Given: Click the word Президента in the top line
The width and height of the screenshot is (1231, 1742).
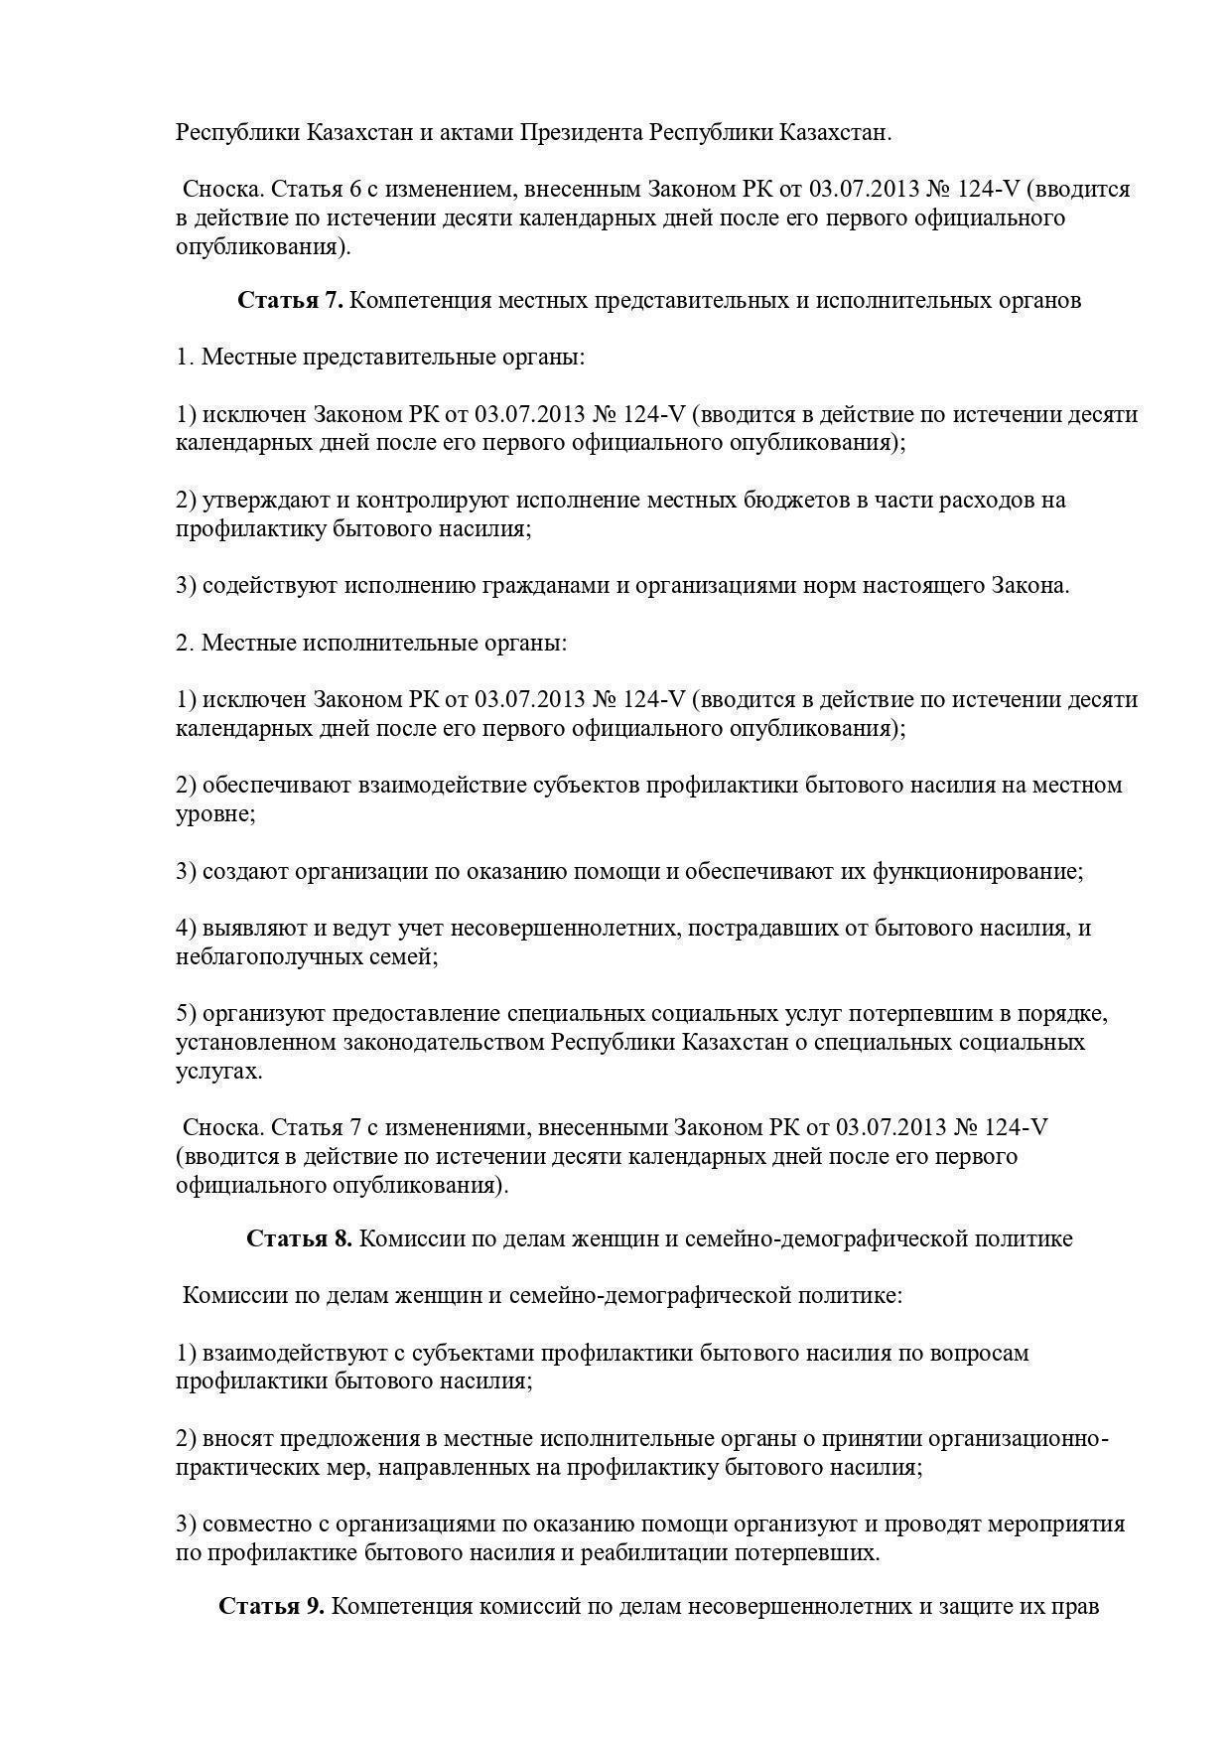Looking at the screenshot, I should pyautogui.click(x=581, y=132).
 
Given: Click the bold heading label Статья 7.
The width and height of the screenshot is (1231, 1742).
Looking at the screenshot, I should pyautogui.click(x=290, y=300).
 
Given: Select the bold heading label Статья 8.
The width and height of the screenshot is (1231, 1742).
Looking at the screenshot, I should pyautogui.click(x=299, y=1238).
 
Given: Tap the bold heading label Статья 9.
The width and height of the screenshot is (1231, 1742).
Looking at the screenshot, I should pyautogui.click(x=271, y=1606).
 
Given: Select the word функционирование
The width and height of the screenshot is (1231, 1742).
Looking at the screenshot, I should pyautogui.click(x=978, y=871).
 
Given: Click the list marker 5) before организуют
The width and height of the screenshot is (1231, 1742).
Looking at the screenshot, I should pyautogui.click(x=187, y=1014).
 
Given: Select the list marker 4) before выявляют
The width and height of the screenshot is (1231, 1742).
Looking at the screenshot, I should pyautogui.click(x=187, y=929).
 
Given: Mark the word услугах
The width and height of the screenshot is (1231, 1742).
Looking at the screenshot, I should pyautogui.click(x=218, y=1072).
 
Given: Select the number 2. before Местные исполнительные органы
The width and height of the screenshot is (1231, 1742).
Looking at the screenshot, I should pyautogui.click(x=185, y=643).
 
